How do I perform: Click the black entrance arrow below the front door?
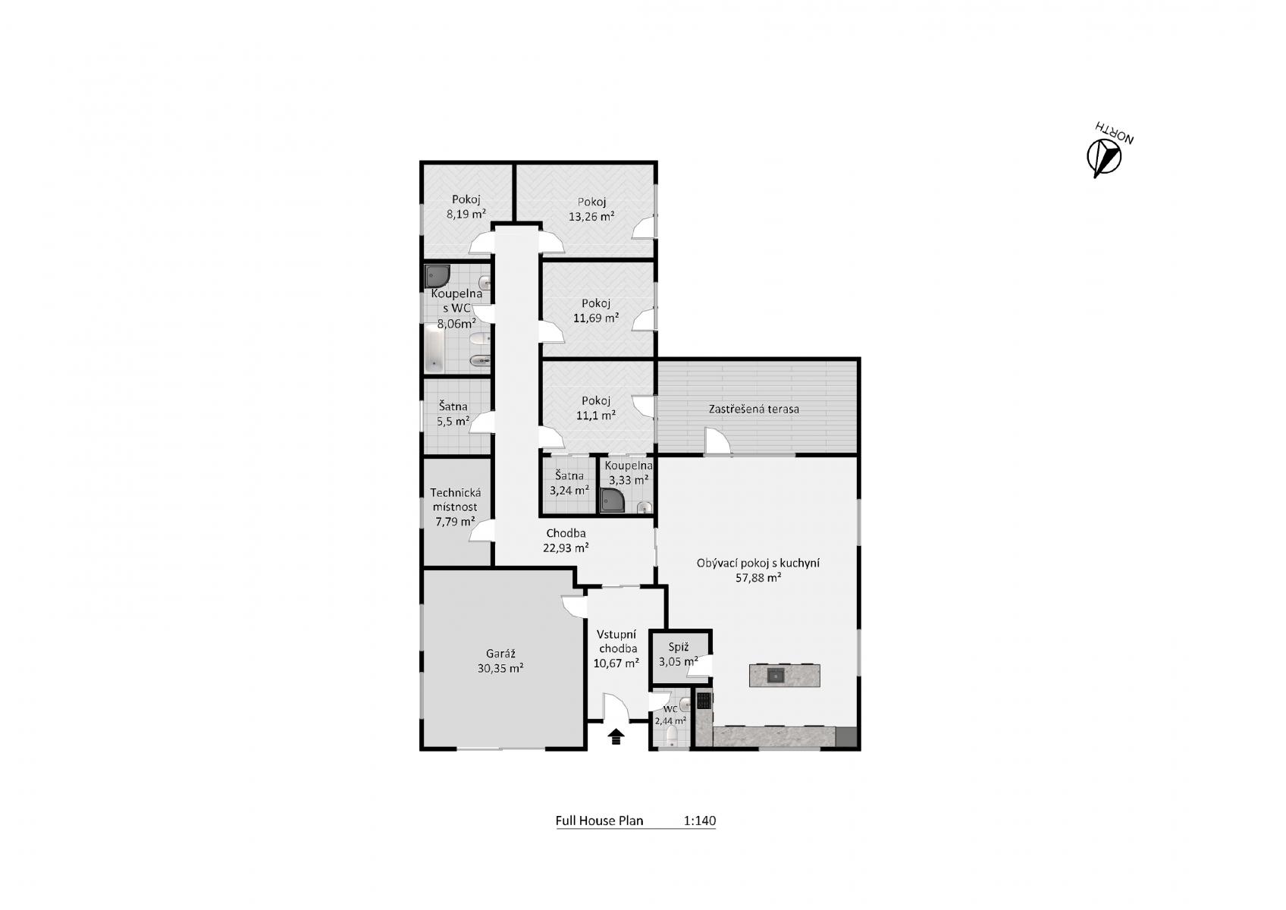[x=616, y=736]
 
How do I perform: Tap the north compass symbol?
[x=1104, y=158]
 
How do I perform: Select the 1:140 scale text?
[x=700, y=821]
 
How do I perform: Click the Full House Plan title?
[x=599, y=821]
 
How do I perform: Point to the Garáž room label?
[x=500, y=654]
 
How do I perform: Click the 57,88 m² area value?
[x=757, y=578]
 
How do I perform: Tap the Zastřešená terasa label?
[x=754, y=409]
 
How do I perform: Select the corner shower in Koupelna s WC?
[x=437, y=276]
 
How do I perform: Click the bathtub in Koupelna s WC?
[x=434, y=349]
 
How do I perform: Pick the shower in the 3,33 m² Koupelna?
[x=613, y=500]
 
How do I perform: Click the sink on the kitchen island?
[x=776, y=676]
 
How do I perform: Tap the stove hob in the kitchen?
[x=704, y=701]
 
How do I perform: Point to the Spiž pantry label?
[x=679, y=647]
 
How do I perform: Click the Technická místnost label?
[x=455, y=500]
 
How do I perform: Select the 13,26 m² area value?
[x=591, y=217]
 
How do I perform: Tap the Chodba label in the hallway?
[x=566, y=533]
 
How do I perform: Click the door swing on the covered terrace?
[x=717, y=441]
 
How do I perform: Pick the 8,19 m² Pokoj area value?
[x=466, y=214]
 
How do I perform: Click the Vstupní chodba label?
[x=616, y=642]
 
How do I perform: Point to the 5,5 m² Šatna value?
[x=453, y=422]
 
